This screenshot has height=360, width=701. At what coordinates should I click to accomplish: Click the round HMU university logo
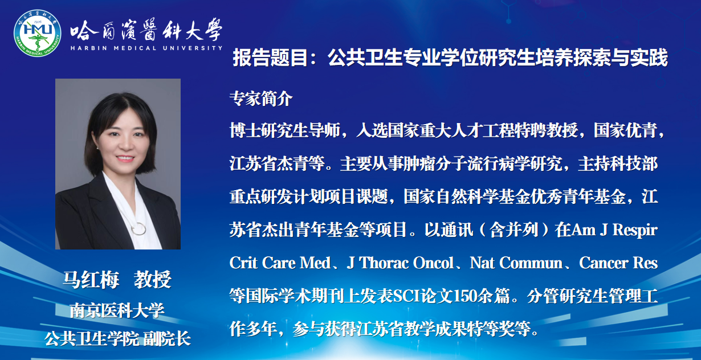[37, 33]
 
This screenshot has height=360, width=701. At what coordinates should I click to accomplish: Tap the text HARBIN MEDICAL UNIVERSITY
[146, 48]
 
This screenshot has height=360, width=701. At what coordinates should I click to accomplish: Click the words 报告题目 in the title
[270, 58]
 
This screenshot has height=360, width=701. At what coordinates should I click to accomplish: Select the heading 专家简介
[260, 99]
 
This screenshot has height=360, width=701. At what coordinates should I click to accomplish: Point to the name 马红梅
[91, 279]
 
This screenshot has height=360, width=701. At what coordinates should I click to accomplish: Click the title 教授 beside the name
[153, 279]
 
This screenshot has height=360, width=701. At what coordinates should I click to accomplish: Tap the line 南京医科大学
[117, 310]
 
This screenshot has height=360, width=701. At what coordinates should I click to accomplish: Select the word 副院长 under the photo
[167, 339]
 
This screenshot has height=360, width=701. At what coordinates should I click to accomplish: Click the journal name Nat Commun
[516, 263]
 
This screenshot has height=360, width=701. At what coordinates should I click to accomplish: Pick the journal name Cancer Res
[618, 263]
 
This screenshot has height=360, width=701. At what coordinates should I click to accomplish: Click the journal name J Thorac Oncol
[400, 263]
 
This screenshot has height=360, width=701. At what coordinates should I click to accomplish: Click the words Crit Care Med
[280, 263]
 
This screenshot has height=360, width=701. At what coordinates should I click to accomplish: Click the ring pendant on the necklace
[138, 228]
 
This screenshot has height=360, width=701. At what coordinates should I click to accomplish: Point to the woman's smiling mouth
[125, 158]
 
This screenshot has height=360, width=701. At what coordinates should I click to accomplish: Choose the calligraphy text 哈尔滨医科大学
[146, 29]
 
